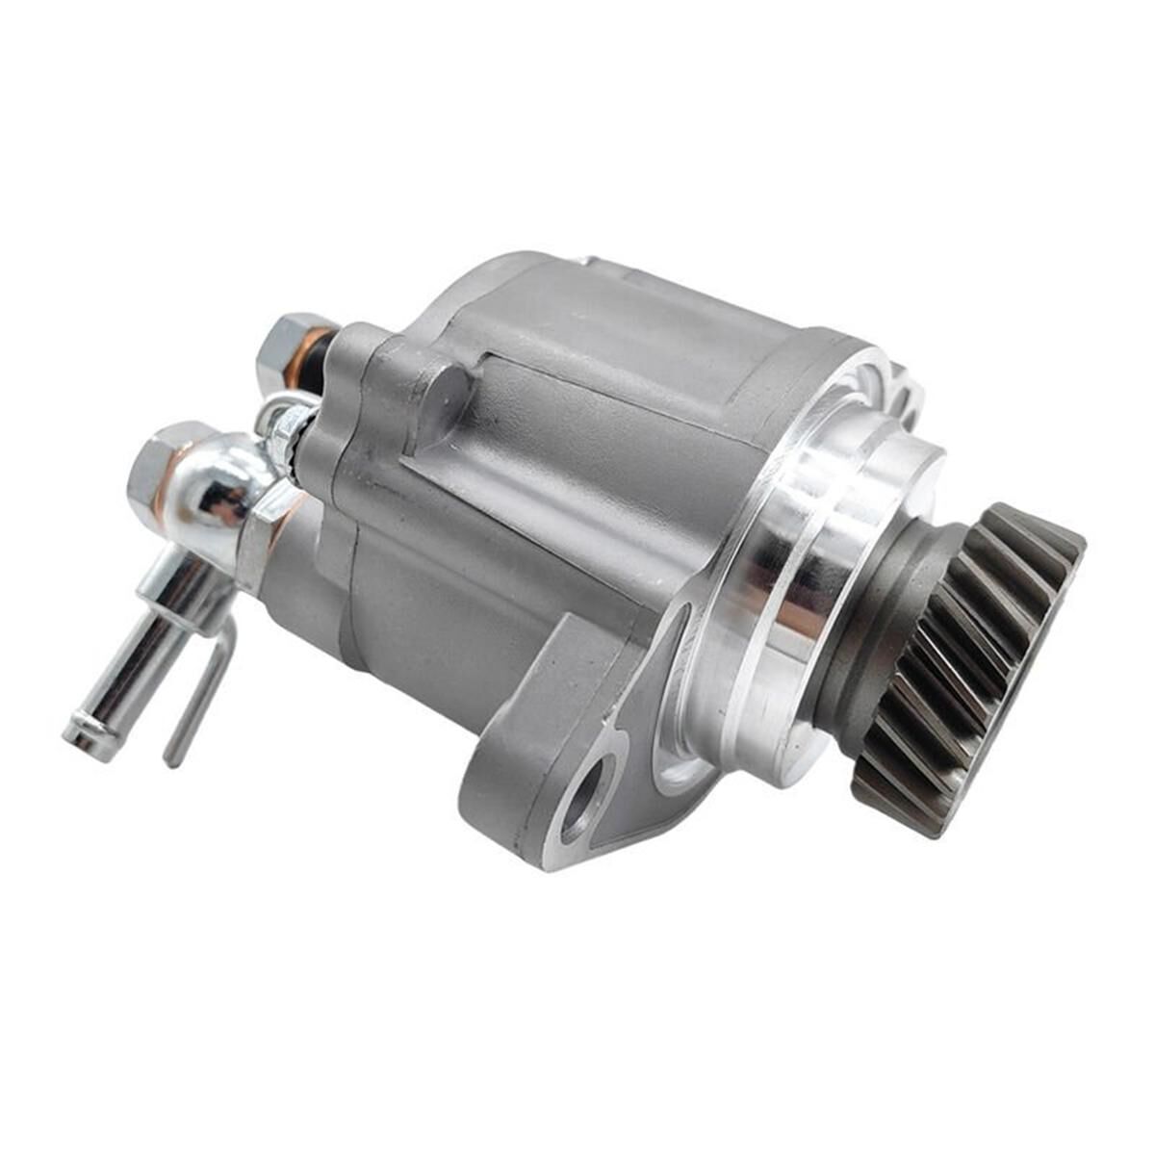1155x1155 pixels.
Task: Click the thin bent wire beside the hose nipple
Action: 202,693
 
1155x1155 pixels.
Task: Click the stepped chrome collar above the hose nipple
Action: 173,587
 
